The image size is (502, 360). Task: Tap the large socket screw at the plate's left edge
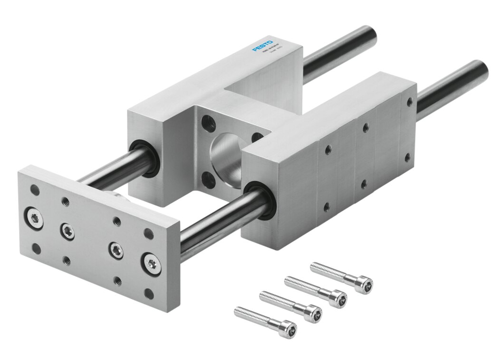pos(35,218)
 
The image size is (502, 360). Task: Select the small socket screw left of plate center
pos(67,231)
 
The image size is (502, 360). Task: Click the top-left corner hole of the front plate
pos(35,189)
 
